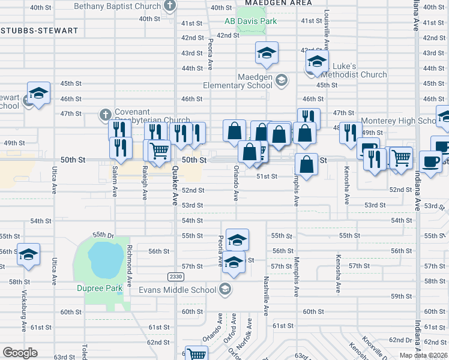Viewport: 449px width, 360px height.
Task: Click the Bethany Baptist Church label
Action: (x=117, y=6)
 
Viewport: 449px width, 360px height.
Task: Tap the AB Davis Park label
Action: (x=250, y=21)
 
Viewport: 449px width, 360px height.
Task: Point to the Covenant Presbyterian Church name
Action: (x=144, y=117)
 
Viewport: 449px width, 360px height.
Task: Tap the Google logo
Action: (x=20, y=353)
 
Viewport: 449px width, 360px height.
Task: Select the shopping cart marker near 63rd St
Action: (x=196, y=353)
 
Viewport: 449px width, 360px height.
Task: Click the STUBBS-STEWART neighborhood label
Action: (x=39, y=30)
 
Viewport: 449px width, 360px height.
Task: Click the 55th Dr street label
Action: (x=103, y=235)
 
